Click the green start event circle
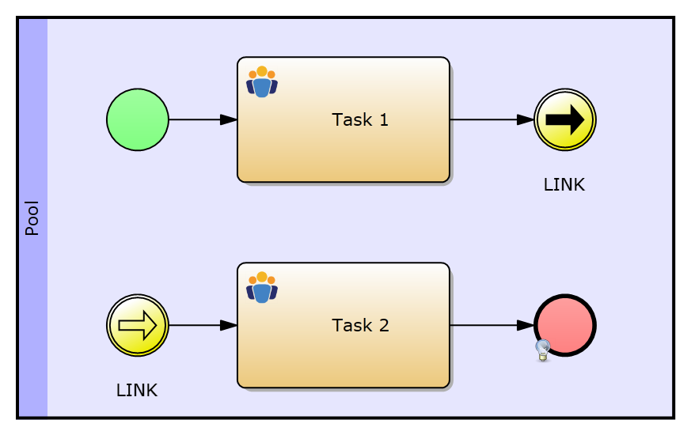138,119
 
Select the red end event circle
565,325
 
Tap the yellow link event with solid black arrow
565,119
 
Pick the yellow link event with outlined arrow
138,325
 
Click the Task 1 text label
360,119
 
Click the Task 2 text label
360,325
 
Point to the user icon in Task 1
262,81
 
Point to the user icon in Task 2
262,288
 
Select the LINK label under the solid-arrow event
564,184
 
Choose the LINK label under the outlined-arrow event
137,390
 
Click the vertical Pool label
32,218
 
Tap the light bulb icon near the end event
543,350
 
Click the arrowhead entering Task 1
228,119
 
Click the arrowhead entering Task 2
228,325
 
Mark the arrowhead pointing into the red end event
526,325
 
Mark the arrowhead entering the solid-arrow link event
526,119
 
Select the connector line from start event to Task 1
203,119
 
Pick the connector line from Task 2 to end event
492,325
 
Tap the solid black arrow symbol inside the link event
565,119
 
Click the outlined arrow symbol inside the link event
138,325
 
